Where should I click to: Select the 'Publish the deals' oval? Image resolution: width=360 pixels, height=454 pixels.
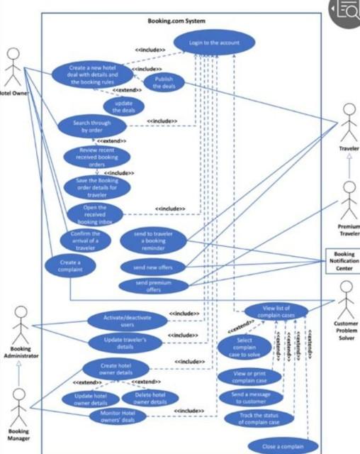(x=164, y=83)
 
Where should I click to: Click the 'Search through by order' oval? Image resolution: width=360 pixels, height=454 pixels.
(x=92, y=126)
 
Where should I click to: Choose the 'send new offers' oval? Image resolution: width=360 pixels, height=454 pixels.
(x=152, y=267)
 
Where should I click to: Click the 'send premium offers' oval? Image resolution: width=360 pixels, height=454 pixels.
(x=152, y=286)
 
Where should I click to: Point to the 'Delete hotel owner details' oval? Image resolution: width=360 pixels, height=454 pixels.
(x=150, y=399)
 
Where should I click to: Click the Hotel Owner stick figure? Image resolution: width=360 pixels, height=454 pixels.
(x=13, y=69)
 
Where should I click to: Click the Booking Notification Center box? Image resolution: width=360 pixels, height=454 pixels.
(x=342, y=260)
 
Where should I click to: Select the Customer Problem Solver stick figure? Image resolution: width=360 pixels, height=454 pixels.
(x=346, y=299)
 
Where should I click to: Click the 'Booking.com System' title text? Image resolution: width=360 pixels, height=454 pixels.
(x=176, y=21)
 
